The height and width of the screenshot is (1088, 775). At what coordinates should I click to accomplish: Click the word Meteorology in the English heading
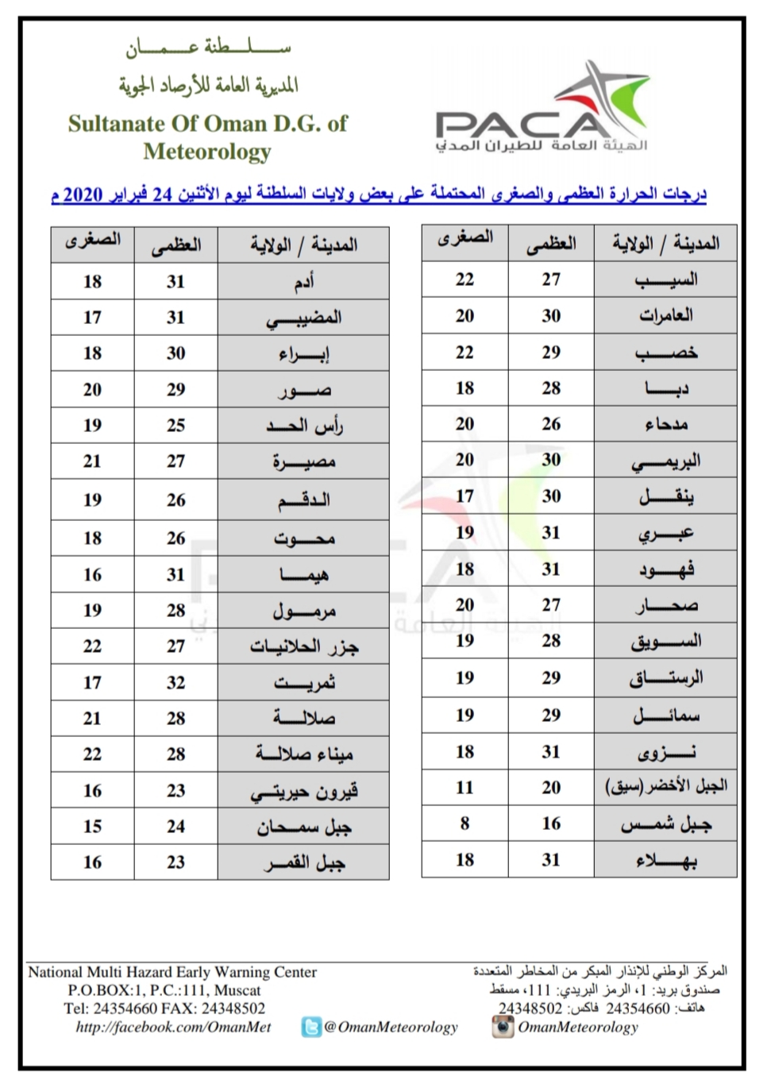point(207,152)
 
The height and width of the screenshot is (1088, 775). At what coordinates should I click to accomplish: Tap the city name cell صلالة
point(303,719)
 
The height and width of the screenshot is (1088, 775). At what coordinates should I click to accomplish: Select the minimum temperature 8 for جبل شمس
point(465,824)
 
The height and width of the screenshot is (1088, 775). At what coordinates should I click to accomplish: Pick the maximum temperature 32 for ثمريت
point(175,683)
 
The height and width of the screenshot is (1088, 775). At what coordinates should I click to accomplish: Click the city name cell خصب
point(665,353)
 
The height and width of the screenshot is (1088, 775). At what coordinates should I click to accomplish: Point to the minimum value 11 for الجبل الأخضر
point(465,788)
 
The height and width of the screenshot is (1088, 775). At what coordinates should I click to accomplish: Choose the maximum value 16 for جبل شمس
point(551,824)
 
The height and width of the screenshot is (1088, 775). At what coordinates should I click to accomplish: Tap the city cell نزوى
point(665,752)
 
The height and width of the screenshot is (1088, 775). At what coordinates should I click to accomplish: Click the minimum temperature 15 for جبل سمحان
point(92,827)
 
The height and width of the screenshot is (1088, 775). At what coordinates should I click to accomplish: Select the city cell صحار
point(665,605)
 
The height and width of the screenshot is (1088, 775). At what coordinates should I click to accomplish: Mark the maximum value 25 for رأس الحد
point(175,426)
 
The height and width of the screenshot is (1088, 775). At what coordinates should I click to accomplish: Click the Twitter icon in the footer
point(311,1028)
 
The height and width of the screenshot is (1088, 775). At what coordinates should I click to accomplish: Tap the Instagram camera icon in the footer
point(502,1027)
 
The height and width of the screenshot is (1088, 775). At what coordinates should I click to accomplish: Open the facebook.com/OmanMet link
point(173,1027)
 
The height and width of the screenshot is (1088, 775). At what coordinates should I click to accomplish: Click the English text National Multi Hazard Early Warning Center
point(172,972)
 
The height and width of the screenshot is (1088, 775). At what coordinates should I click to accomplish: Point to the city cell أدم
point(303,282)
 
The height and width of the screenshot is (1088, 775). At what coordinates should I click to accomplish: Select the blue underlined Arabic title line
point(378,194)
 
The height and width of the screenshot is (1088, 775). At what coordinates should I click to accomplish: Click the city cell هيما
point(303,575)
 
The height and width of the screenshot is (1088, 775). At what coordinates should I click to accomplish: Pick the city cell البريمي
point(665,461)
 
